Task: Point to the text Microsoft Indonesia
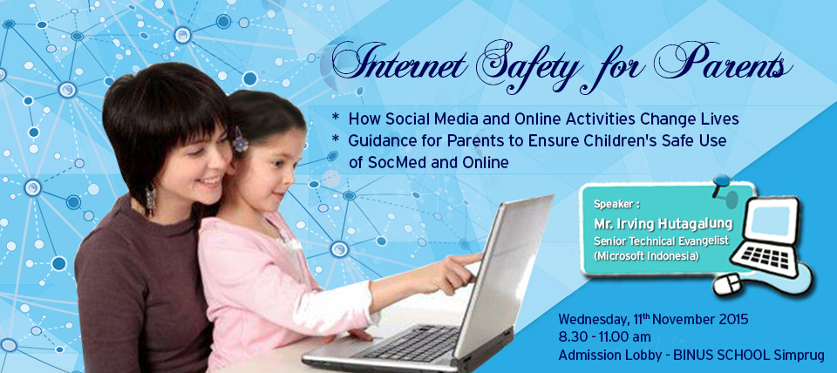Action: (646, 256)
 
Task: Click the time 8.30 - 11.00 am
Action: (604, 337)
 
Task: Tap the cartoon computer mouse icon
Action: (728, 284)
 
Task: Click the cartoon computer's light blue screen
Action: (770, 219)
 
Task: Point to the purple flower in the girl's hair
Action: (240, 139)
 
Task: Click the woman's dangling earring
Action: (151, 198)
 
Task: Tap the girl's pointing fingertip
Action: (480, 258)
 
